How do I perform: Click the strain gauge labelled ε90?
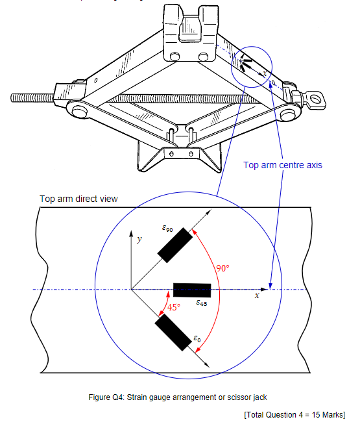coord(173,245)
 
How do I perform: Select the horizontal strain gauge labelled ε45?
coord(192,289)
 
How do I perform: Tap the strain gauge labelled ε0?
coord(173,333)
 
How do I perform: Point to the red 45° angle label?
coord(174,308)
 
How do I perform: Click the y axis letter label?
coord(139,239)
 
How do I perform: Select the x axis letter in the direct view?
coord(257,295)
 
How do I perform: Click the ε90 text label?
coord(167,228)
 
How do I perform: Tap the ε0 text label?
coord(197,338)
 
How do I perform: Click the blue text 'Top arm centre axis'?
coord(282,165)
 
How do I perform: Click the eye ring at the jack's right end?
coord(317,99)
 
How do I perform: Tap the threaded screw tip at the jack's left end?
coord(14,98)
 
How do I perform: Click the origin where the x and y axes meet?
coord(132,289)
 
